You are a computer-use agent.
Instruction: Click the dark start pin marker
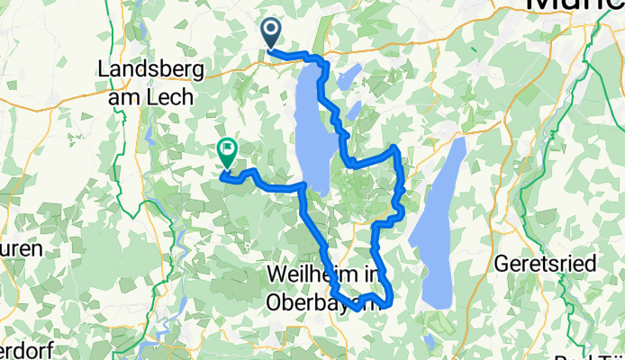pos(270,32)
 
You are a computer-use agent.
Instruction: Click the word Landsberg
pos(150,69)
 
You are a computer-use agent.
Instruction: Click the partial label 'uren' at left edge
pos(15,249)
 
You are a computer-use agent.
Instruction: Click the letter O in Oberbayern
pos(274,303)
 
